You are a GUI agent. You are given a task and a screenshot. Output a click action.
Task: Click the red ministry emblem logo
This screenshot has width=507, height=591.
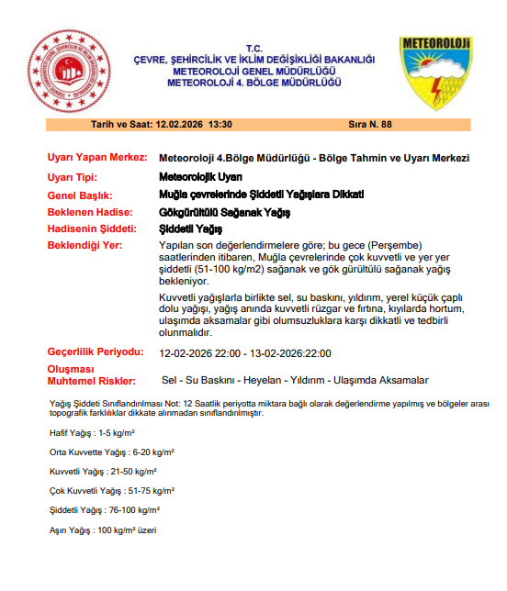pos(67,71)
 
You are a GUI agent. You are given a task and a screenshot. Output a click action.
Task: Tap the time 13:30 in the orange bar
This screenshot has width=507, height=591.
pos(221,124)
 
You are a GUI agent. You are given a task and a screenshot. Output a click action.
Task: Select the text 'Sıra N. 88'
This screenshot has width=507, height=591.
pos(370,124)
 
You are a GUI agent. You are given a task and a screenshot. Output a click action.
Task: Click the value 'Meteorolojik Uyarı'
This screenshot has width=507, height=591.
pos(201,177)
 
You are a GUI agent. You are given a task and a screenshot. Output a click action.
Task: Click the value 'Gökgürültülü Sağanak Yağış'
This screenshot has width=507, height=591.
pos(225,212)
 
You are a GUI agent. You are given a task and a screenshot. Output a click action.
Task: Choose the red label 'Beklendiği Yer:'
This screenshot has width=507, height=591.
pos(86,246)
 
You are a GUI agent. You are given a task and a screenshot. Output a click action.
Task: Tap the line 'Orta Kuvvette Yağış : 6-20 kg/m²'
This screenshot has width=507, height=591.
pos(112,452)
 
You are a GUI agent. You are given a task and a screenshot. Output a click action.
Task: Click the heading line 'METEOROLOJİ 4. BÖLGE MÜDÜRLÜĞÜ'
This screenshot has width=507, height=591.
pos(254,82)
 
